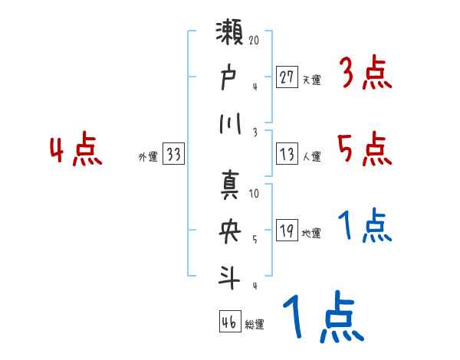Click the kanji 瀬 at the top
(x=231, y=35)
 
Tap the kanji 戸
(x=231, y=77)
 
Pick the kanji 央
(x=231, y=231)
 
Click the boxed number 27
(x=287, y=77)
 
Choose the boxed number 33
(x=173, y=155)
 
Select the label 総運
(x=255, y=325)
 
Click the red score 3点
(x=365, y=74)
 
